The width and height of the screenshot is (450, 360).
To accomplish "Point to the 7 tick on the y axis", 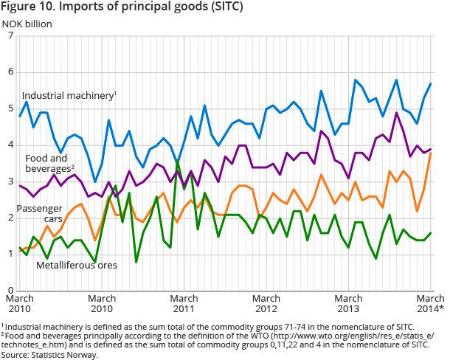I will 10,35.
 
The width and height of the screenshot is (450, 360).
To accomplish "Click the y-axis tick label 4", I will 10,145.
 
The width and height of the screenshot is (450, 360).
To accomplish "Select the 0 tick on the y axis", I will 10,290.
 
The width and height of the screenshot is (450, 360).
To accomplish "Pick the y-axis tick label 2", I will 10,218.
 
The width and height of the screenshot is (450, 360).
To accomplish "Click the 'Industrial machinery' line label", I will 69,96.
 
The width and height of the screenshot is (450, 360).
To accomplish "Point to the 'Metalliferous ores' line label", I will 77,264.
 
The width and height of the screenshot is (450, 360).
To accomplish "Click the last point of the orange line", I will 430,152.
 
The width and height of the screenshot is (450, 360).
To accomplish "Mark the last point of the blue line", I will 430,83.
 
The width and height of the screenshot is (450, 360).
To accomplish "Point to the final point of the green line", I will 430,233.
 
